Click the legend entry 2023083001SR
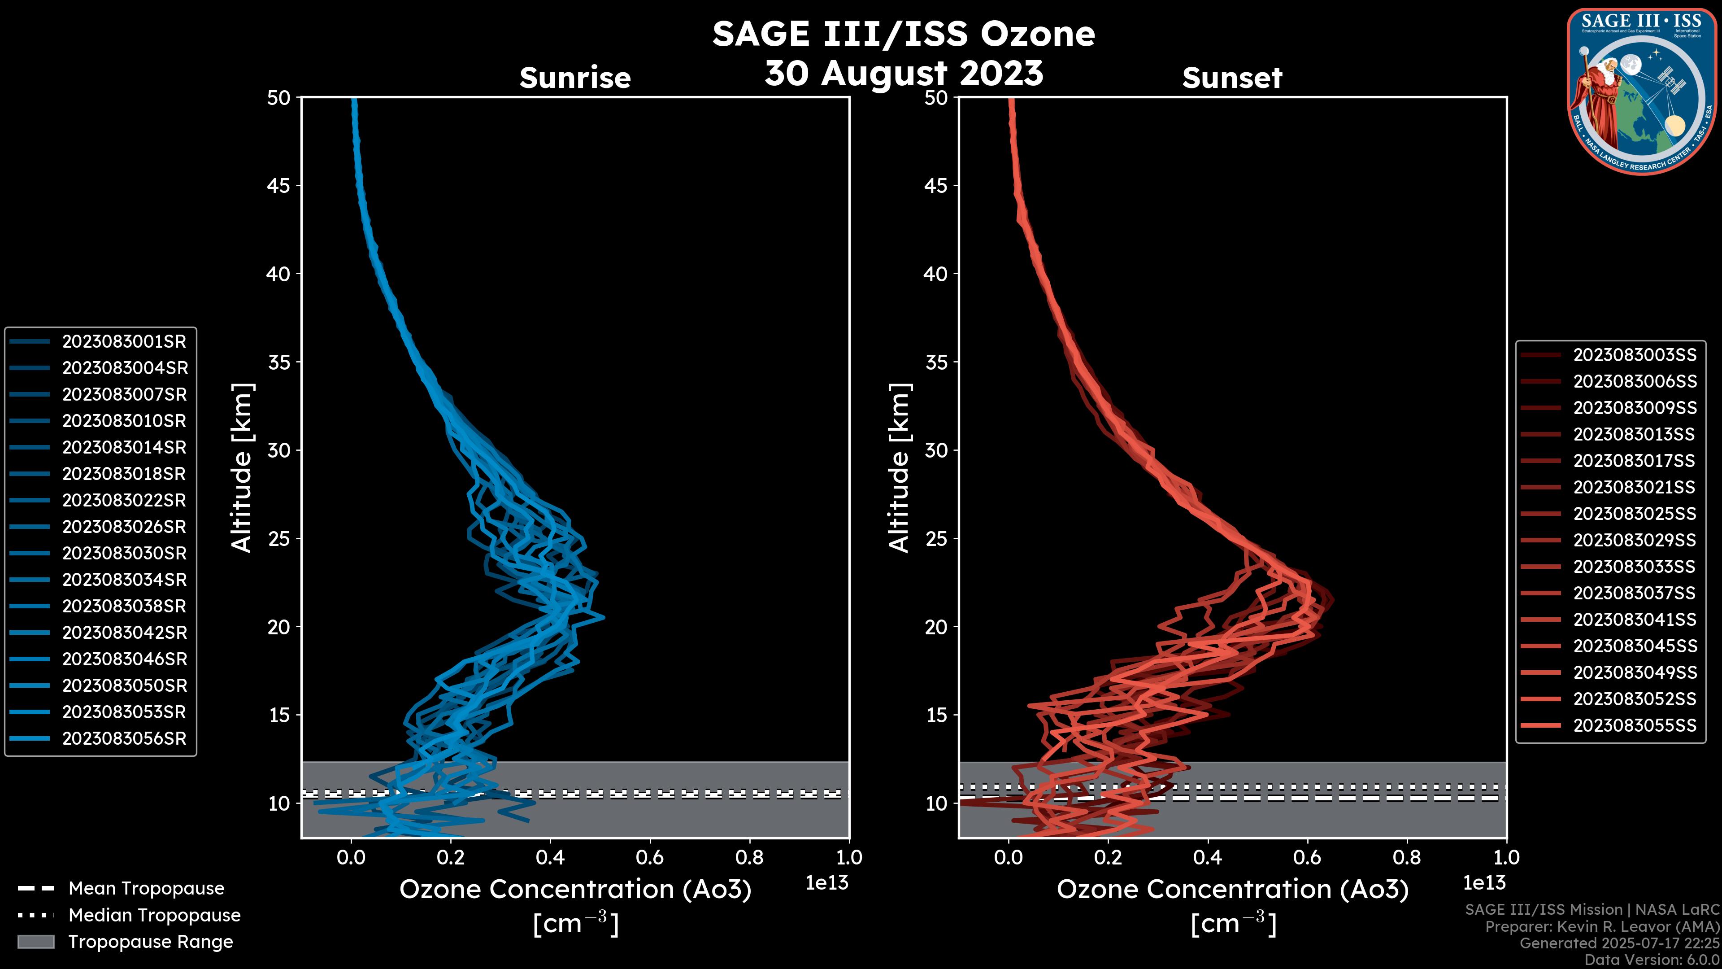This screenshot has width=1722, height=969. pyautogui.click(x=124, y=342)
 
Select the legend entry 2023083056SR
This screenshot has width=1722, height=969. pyautogui.click(x=124, y=739)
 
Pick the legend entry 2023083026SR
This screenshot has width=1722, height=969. pyautogui.click(x=124, y=527)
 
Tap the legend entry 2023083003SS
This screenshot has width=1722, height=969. pyautogui.click(x=1635, y=355)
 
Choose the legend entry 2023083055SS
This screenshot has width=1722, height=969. pyautogui.click(x=1635, y=725)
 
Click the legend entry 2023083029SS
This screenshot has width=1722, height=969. pyautogui.click(x=1635, y=540)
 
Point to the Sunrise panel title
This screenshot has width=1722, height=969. pyautogui.click(x=575, y=78)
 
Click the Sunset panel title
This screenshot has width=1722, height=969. pyautogui.click(x=1232, y=78)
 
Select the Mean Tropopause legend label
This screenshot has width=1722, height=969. pyautogui.click(x=146, y=889)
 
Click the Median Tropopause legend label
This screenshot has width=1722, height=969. pyautogui.click(x=154, y=916)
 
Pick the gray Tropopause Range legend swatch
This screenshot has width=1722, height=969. pyautogui.click(x=36, y=942)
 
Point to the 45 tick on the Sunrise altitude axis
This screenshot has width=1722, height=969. pyautogui.click(x=279, y=186)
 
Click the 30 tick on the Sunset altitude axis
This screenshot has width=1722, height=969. pyautogui.click(x=936, y=451)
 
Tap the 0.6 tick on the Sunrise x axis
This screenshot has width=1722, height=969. pyautogui.click(x=650, y=857)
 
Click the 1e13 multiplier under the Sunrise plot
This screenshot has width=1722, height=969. pyautogui.click(x=827, y=883)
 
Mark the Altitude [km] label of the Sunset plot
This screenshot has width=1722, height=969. pyautogui.click(x=899, y=468)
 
